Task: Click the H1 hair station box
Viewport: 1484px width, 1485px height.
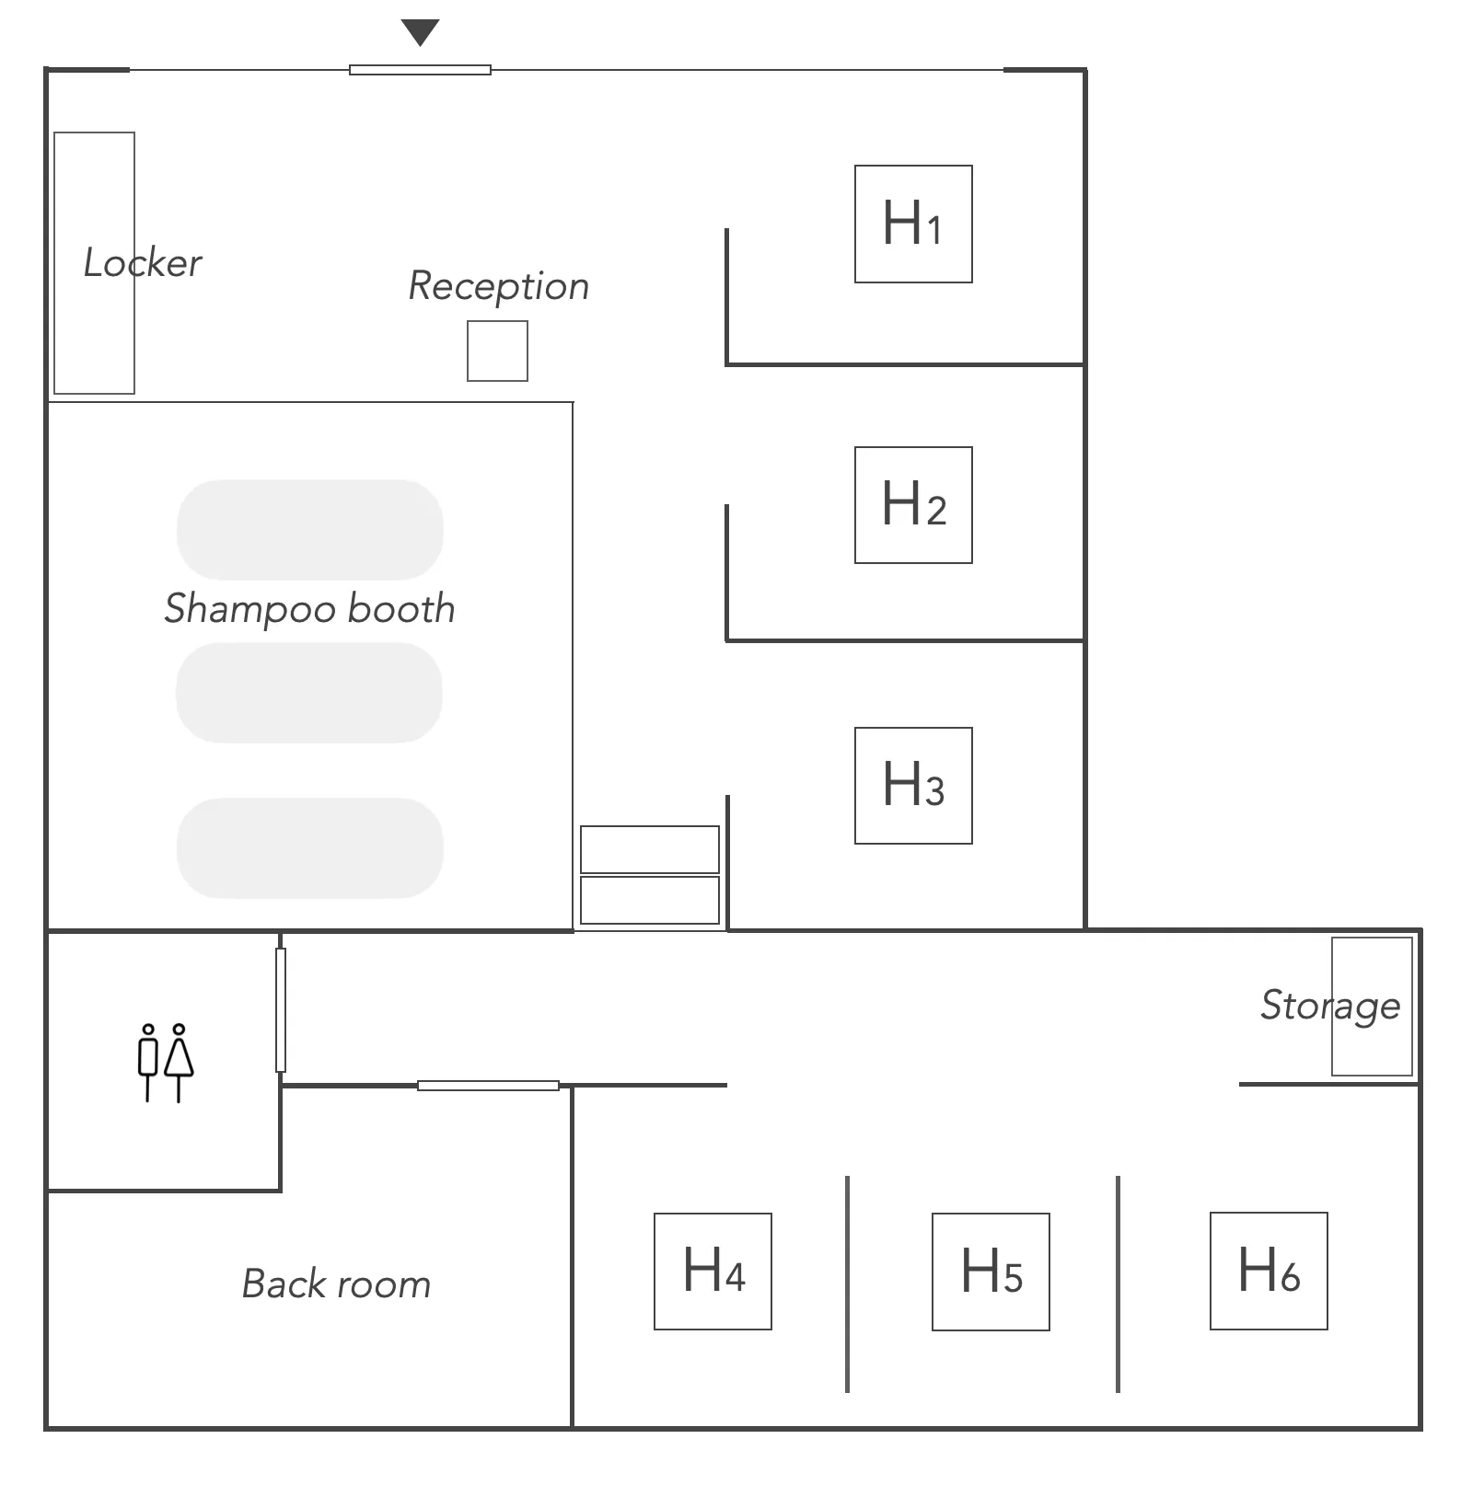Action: click(x=913, y=224)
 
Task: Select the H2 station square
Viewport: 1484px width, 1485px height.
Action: click(x=913, y=505)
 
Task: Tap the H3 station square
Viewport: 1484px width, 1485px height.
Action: click(x=913, y=786)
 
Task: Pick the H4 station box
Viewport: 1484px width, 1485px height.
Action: click(x=713, y=1272)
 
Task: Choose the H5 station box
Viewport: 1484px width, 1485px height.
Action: click(x=991, y=1272)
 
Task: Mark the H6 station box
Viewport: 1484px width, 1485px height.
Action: click(x=1269, y=1271)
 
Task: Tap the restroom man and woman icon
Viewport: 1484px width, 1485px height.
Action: click(x=166, y=1063)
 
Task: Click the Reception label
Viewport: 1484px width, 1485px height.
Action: click(x=498, y=286)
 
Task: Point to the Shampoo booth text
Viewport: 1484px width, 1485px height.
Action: click(x=309, y=609)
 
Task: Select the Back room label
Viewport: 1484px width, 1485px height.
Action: click(x=336, y=1284)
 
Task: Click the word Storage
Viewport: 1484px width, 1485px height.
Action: click(x=1330, y=1006)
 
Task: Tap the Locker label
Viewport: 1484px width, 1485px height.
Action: click(x=143, y=263)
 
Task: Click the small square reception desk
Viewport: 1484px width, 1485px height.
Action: click(x=497, y=351)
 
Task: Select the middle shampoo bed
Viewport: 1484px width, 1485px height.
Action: click(x=309, y=693)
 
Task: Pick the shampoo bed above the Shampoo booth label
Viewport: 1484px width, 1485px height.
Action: click(x=310, y=530)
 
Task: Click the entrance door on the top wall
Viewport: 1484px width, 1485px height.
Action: click(x=420, y=70)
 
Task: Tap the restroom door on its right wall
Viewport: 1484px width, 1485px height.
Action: click(x=281, y=1010)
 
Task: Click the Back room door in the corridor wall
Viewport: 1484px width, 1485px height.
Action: click(x=488, y=1086)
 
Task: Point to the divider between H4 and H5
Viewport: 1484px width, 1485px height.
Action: click(x=847, y=1284)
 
